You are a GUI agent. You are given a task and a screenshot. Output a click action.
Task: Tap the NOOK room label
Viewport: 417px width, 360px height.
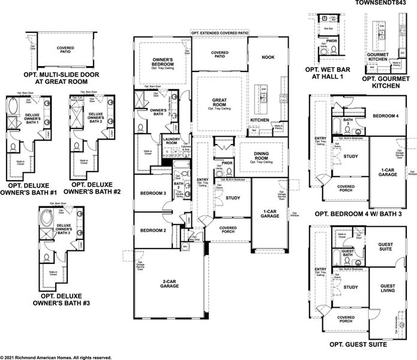click(x=268, y=57)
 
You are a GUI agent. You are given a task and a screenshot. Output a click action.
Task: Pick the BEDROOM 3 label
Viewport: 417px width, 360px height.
click(x=152, y=193)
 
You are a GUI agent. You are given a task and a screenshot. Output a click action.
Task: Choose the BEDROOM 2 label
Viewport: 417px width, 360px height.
click(x=152, y=230)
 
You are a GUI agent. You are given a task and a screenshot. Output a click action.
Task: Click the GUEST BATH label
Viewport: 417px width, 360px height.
click(x=347, y=254)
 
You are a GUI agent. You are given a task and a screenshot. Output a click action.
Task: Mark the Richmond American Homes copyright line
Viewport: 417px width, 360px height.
click(x=56, y=356)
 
